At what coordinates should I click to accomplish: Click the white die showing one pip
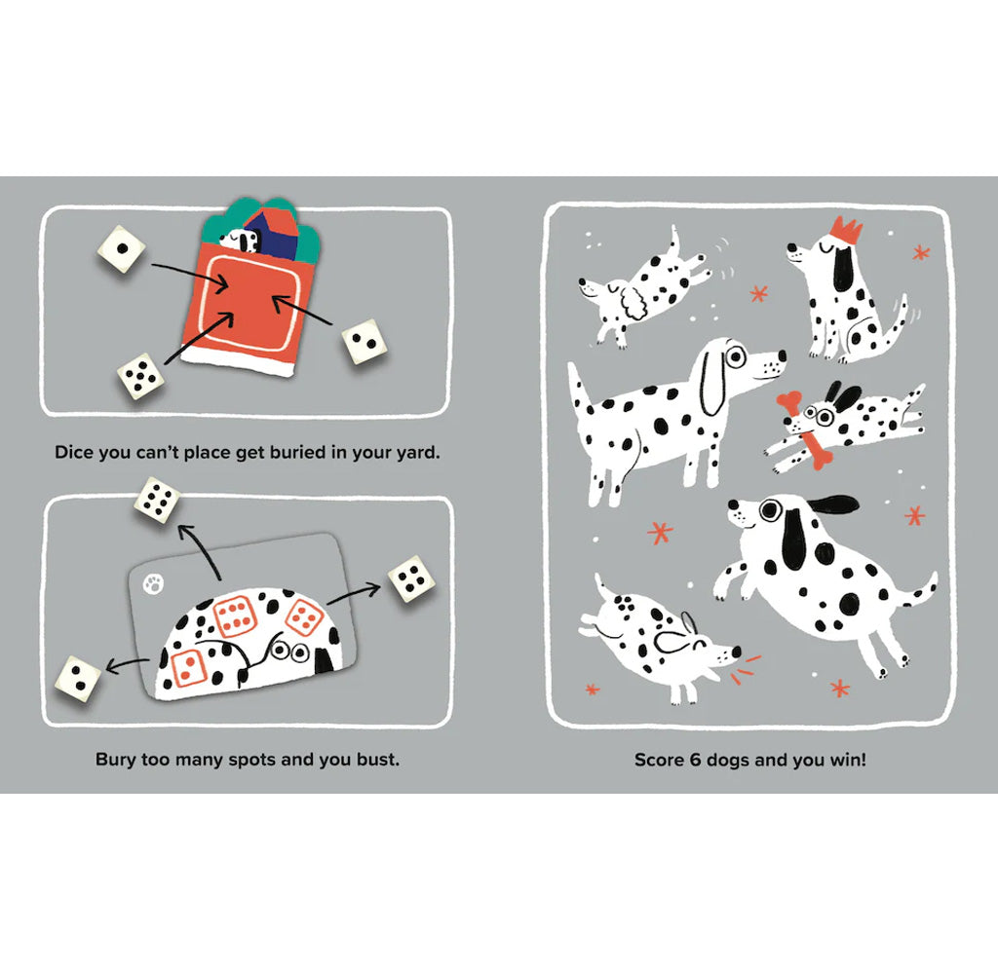121,250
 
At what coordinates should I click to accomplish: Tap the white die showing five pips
141,376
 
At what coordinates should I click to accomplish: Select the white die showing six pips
157,500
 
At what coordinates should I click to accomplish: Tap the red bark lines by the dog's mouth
751,664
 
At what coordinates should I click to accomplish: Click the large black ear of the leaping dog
829,504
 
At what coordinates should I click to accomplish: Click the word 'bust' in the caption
376,759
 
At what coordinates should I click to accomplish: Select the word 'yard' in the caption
417,453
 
